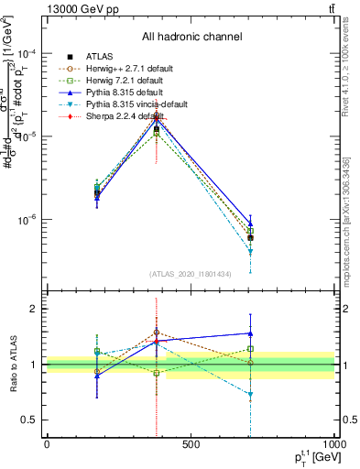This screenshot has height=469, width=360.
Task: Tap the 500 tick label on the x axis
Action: click(x=191, y=444)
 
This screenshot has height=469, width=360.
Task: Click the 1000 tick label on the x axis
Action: click(x=332, y=444)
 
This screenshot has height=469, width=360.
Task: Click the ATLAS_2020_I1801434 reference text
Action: click(x=190, y=274)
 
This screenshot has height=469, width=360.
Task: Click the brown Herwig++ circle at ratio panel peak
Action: click(x=157, y=333)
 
